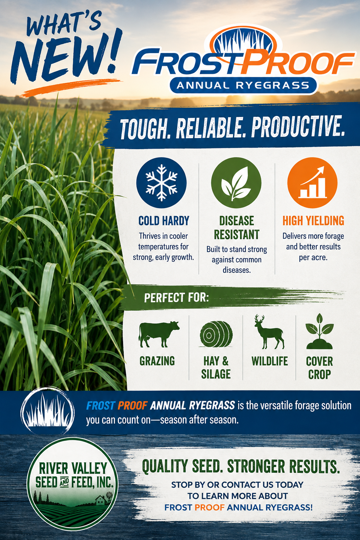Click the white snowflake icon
pyautogui.click(x=161, y=183)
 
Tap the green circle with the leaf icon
pyautogui.click(x=236, y=182)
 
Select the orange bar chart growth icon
pyautogui.click(x=313, y=182)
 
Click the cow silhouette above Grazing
pyautogui.click(x=159, y=334)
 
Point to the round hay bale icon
pyautogui.click(x=216, y=334)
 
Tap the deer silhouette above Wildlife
pyautogui.click(x=269, y=332)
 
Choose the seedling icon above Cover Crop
pyautogui.click(x=320, y=331)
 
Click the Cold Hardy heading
pyautogui.click(x=164, y=221)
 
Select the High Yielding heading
pyautogui.click(x=313, y=220)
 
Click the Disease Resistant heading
pyautogui.click(x=237, y=227)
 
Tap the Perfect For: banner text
pyautogui.click(x=176, y=298)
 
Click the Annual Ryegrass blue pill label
pyautogui.click(x=243, y=85)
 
